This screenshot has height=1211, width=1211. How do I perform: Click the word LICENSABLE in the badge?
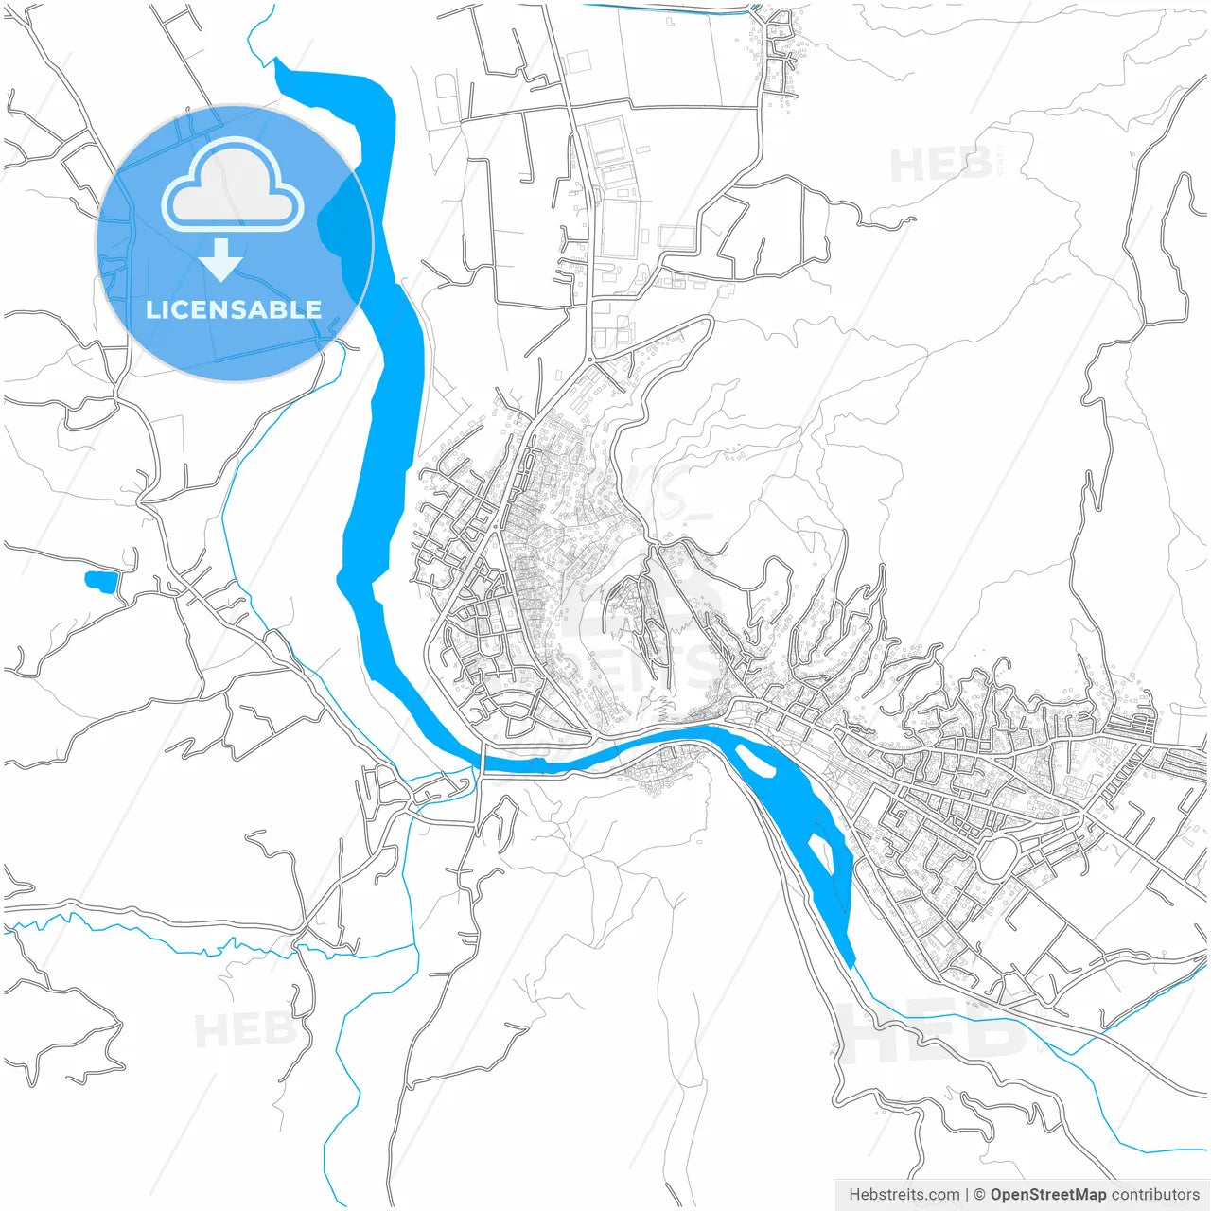pyautogui.click(x=233, y=309)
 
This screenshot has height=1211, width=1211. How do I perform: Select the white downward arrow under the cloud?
pyautogui.click(x=221, y=260)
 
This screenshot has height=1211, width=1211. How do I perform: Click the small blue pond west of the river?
pyautogui.click(x=100, y=580)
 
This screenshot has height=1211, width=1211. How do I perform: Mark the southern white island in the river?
pyautogui.click(x=819, y=852)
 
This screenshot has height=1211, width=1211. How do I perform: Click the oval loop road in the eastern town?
pyautogui.click(x=996, y=857)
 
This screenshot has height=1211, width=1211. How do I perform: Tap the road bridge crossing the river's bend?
pyautogui.click(x=483, y=760)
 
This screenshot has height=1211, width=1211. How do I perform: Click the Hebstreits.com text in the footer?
pyautogui.click(x=904, y=1195)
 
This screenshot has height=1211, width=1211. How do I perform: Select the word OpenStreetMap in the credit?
pyautogui.click(x=1047, y=1195)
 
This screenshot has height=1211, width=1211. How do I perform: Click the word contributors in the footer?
pyautogui.click(x=1155, y=1195)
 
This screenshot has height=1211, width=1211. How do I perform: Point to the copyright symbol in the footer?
pyautogui.click(x=980, y=1195)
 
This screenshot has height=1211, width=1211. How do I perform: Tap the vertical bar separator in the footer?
pyautogui.click(x=966, y=1195)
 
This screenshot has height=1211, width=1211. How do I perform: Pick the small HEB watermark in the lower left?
pyautogui.click(x=237, y=1029)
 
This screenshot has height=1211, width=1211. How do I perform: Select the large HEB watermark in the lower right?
pyautogui.click(x=932, y=1031)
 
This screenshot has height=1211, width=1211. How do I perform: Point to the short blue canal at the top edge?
pyautogui.click(x=662, y=9)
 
